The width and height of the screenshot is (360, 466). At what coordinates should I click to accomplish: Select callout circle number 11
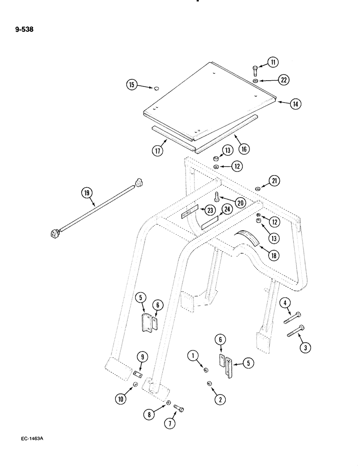272,62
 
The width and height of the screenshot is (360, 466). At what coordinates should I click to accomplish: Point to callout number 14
295,104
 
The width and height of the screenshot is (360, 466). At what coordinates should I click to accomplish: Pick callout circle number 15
132,84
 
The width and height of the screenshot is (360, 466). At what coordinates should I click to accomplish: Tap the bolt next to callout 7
179,408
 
